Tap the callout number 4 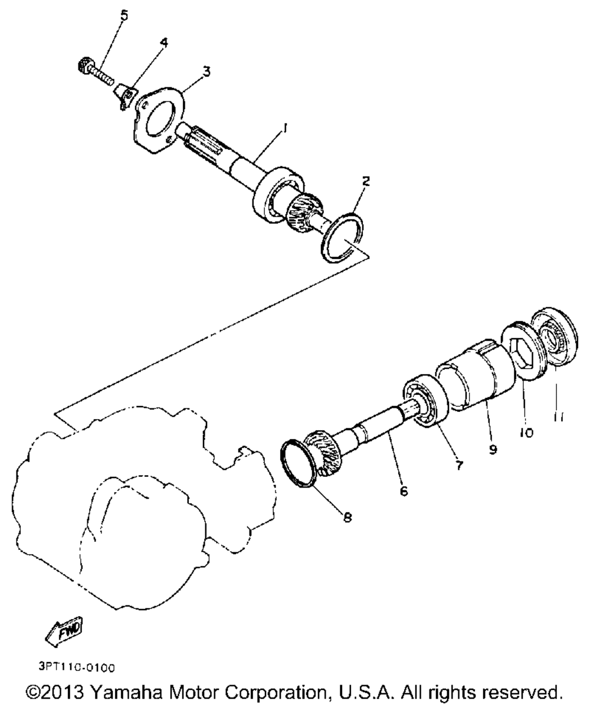pos(163,42)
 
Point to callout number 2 pos(366,181)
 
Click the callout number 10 pos(526,433)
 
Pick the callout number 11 pos(558,417)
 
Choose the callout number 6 pos(404,490)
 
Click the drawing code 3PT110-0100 pos(77,667)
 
